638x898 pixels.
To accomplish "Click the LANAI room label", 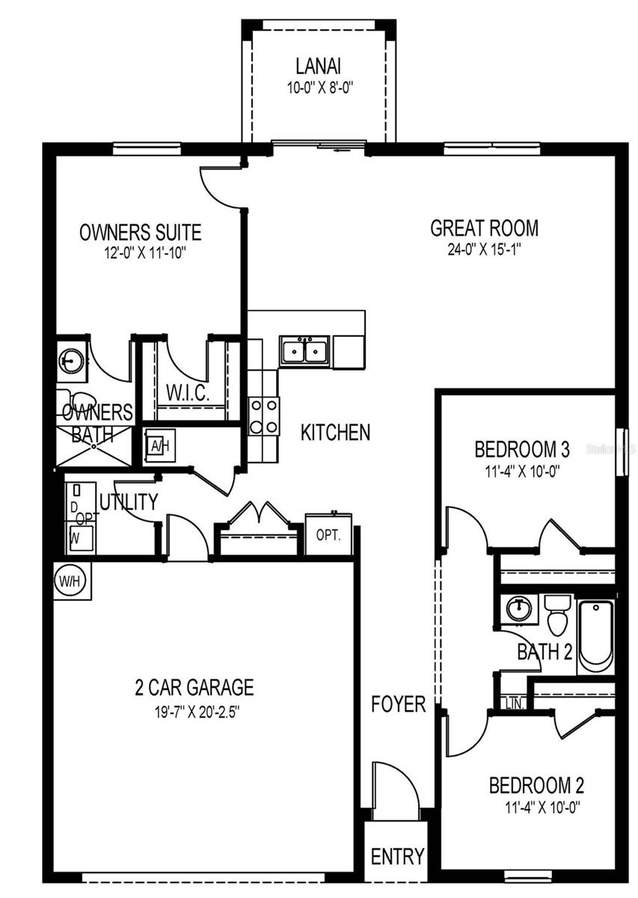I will click(319, 66).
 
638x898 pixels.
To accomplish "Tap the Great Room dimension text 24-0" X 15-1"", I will click(484, 249).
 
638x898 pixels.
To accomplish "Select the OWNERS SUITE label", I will click(140, 232).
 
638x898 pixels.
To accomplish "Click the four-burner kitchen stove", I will click(263, 416).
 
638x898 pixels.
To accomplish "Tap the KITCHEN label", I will click(335, 432).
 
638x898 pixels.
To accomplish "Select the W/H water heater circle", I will click(71, 580).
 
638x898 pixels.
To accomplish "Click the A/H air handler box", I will click(159, 446).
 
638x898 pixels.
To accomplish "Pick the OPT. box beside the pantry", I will click(328, 536).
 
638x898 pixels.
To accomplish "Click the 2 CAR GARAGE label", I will click(194, 686).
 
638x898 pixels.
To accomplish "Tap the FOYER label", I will click(399, 703).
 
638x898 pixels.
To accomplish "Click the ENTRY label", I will click(398, 855).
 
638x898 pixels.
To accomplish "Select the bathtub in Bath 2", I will click(596, 634).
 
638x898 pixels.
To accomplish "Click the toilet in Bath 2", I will click(556, 614).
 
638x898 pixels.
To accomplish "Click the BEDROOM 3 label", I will click(522, 450).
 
